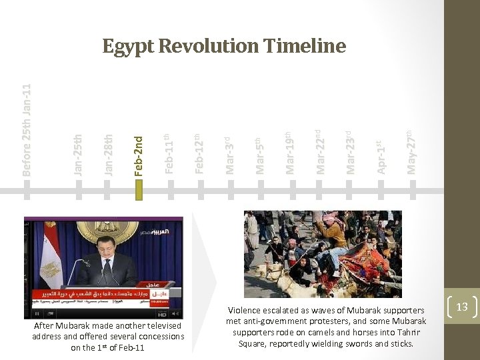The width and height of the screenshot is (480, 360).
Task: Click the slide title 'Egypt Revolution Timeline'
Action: pos(224,46)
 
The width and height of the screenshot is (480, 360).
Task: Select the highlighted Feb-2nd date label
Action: pos(139,155)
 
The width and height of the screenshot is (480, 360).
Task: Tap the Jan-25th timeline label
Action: pos(78,155)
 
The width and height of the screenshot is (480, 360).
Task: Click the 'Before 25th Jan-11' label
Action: pos(27,130)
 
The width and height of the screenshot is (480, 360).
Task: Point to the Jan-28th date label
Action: pos(109,155)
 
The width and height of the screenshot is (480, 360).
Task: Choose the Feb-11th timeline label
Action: pos(169,153)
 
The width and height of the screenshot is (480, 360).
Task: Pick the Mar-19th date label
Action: pos(289,153)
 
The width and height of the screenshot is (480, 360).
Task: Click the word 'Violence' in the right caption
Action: pos(247,310)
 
